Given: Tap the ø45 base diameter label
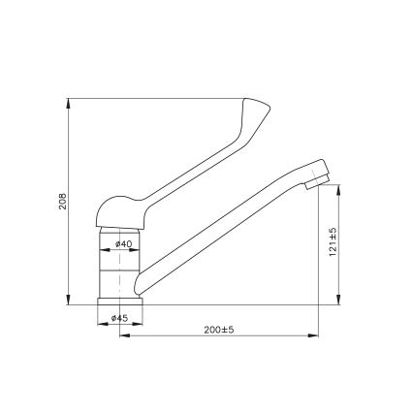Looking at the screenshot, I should click(120, 318).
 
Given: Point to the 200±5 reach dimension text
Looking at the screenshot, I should click(220, 330).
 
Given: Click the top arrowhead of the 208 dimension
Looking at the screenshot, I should click(69, 101).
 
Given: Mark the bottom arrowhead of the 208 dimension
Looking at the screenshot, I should click(69, 301).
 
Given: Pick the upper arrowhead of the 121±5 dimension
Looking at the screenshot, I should click(338, 186).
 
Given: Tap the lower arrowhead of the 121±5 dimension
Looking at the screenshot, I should click(338, 301).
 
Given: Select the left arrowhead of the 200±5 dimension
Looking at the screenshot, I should click(122, 336).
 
